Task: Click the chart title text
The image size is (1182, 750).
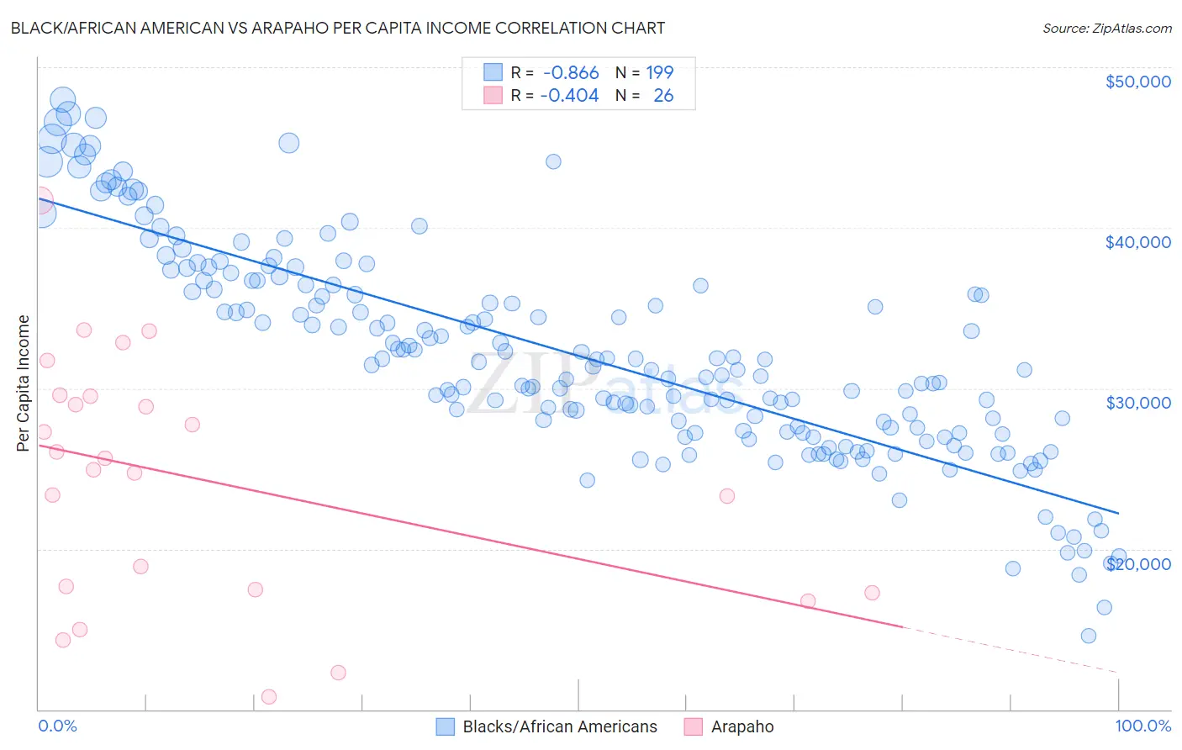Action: pyautogui.click(x=337, y=28)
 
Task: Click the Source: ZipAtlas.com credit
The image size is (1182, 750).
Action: pyautogui.click(x=1106, y=29)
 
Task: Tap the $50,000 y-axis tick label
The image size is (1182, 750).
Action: pyautogui.click(x=1137, y=82)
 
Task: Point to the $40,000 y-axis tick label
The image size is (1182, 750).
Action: pyautogui.click(x=1137, y=242)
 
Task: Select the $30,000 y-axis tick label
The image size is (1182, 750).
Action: pyautogui.click(x=1137, y=403)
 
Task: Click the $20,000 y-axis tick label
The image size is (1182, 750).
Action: pyautogui.click(x=1137, y=564)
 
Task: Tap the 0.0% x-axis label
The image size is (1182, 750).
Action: pyautogui.click(x=57, y=726)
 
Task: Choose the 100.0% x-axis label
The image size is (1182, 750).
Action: pyautogui.click(x=1142, y=726)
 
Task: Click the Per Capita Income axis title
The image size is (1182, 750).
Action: pyautogui.click(x=24, y=383)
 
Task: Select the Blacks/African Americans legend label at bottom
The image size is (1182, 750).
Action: pyautogui.click(x=560, y=726)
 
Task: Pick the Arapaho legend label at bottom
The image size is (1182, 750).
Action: pyautogui.click(x=742, y=726)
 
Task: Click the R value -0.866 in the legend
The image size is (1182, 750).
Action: pyautogui.click(x=571, y=73)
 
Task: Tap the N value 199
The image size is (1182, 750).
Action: pyautogui.click(x=660, y=73)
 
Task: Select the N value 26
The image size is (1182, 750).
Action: pyautogui.click(x=663, y=96)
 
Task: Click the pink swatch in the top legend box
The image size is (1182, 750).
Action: pyautogui.click(x=493, y=95)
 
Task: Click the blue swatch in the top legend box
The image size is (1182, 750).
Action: pyautogui.click(x=493, y=72)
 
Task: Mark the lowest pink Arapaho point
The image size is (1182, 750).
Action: pyautogui.click(x=269, y=696)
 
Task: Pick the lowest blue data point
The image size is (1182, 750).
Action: pyautogui.click(x=1089, y=636)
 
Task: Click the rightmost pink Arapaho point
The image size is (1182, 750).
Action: pyautogui.click(x=872, y=593)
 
